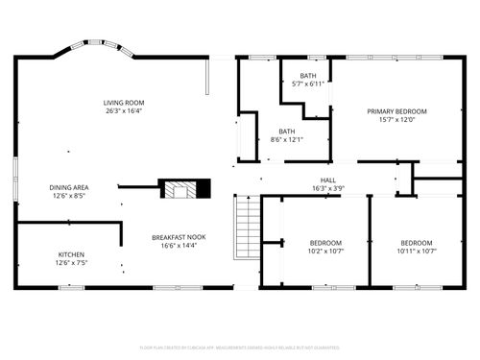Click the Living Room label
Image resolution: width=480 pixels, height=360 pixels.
(x=125, y=103)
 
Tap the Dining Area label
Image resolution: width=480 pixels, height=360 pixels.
(x=69, y=187)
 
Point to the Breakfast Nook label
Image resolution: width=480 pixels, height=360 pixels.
(x=179, y=237)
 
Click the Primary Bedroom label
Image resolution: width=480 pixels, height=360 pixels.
(x=396, y=111)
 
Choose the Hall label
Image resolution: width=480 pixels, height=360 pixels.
(x=327, y=180)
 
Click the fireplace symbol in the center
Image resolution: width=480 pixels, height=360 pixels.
(x=181, y=187)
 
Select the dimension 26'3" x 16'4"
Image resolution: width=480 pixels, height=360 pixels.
(x=125, y=111)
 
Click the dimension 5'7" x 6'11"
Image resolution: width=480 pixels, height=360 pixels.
(x=307, y=84)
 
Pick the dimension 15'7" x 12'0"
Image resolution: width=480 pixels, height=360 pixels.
(x=396, y=120)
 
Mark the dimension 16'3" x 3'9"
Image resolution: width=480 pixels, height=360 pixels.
(x=327, y=188)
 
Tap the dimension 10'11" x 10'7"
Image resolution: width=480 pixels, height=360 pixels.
(x=416, y=252)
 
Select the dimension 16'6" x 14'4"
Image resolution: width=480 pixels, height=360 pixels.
(x=179, y=246)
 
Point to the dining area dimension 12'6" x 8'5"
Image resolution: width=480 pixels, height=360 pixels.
(x=69, y=196)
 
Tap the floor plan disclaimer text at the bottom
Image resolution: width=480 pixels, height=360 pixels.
(x=240, y=347)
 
